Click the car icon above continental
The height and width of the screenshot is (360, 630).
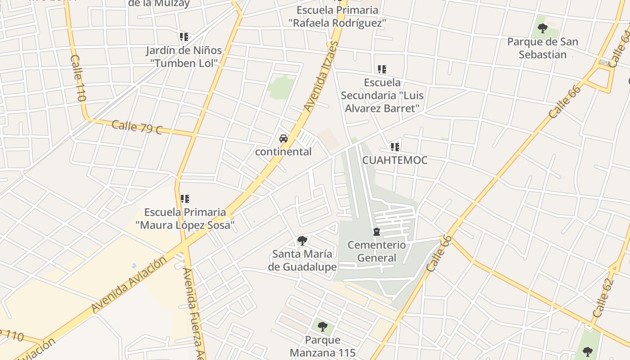click(283, 139)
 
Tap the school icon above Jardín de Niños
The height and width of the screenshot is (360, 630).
click(184, 37)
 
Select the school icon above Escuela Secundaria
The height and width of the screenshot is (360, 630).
click(382, 69)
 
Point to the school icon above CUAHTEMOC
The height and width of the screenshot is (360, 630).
click(395, 147)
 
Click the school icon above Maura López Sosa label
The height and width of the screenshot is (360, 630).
click(184, 198)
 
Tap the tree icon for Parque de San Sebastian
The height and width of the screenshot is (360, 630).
click(543, 28)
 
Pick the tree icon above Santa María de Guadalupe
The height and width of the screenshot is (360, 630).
click(302, 241)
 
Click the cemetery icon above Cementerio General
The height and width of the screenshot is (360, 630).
click(377, 232)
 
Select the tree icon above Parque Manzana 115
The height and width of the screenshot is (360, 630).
click(322, 326)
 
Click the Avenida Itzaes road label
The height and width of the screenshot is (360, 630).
click(320, 76)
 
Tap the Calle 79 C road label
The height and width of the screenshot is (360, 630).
click(136, 127)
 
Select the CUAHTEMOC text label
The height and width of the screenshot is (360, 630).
click(395, 160)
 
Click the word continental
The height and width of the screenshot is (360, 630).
click(283, 152)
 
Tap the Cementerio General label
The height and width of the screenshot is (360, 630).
click(377, 252)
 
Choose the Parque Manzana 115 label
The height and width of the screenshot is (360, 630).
click(323, 346)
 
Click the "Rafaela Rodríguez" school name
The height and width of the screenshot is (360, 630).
click(337, 22)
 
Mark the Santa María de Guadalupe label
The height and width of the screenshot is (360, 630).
click(302, 261)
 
